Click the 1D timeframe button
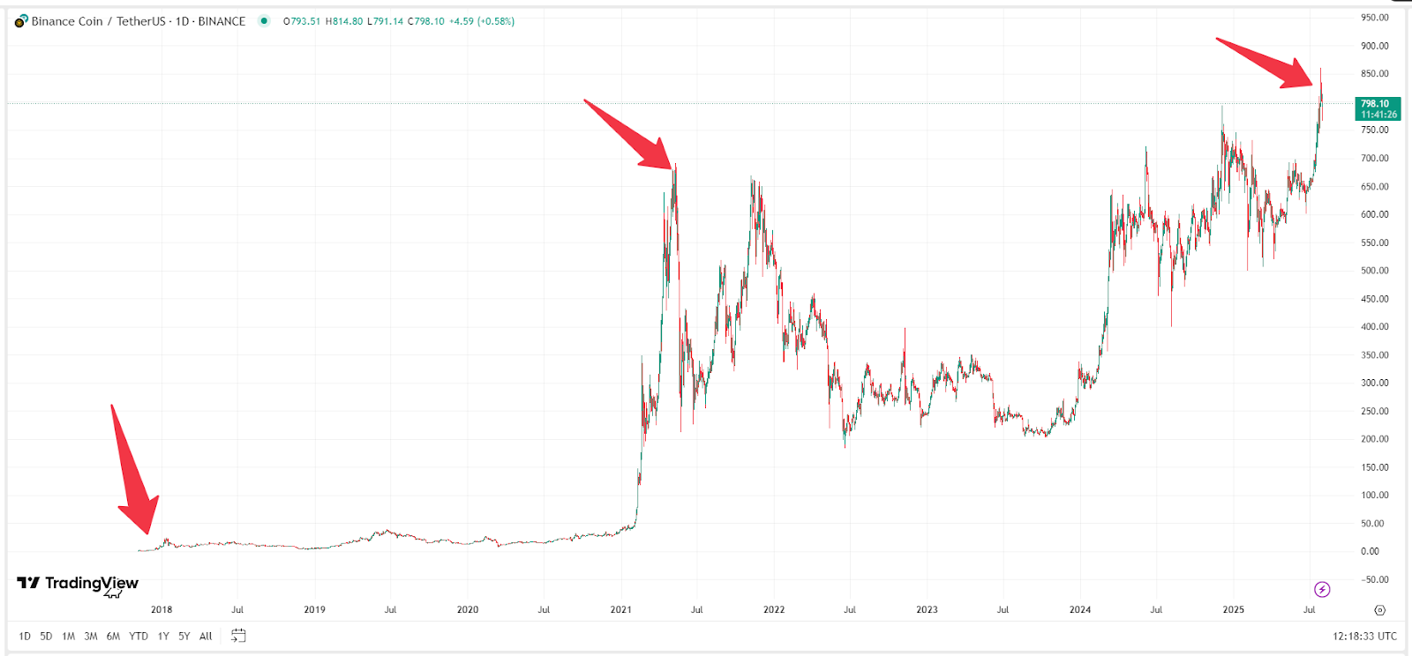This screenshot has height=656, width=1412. (25, 636)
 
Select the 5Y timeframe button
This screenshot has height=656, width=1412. (184, 636)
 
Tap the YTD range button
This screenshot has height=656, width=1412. (139, 636)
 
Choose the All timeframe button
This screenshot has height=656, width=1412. (206, 636)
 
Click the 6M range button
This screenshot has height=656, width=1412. (113, 636)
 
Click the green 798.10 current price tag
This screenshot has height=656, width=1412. (1378, 108)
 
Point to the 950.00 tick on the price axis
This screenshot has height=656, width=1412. (1374, 18)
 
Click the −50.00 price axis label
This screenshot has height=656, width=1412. (1374, 579)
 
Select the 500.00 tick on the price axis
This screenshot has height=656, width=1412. (1374, 271)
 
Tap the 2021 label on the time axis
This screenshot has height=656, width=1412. (620, 609)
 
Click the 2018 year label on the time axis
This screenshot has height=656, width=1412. (161, 609)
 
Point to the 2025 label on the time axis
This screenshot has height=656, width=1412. (1233, 609)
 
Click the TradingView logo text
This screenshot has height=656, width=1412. (91, 583)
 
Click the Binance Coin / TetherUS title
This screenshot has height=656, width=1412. (97, 21)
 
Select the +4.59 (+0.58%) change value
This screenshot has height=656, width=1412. (481, 21)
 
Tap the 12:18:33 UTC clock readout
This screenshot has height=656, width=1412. (1364, 636)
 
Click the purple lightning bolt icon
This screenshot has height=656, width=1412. (1322, 589)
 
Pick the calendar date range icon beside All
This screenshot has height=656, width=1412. (238, 636)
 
